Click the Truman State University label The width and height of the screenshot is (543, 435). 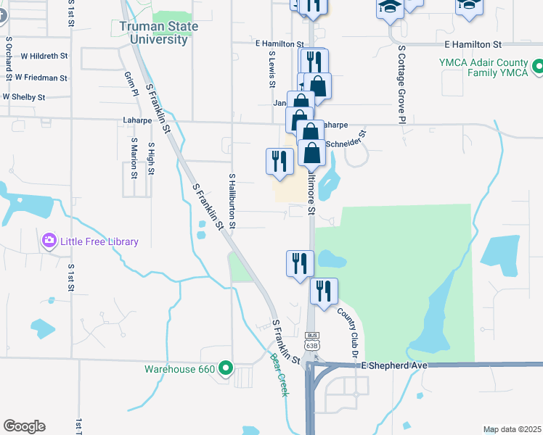[154, 33]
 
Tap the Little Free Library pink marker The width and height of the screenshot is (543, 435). [49, 240]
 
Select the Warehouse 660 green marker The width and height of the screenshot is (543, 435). [225, 368]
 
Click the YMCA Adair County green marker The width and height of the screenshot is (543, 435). [537, 67]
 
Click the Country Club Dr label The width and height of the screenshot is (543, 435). [348, 333]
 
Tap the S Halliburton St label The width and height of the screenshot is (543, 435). [232, 201]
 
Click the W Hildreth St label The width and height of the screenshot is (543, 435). [44, 55]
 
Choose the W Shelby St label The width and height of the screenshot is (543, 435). [24, 96]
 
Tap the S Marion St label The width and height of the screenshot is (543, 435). [134, 158]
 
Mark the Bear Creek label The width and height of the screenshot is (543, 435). [279, 374]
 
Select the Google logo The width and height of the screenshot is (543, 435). [24, 426]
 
